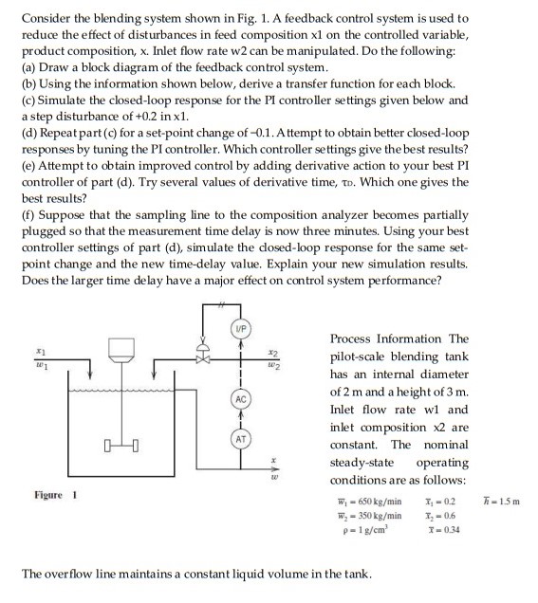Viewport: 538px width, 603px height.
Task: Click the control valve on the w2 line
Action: (200, 360)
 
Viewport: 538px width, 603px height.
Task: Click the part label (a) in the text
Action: (28, 68)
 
